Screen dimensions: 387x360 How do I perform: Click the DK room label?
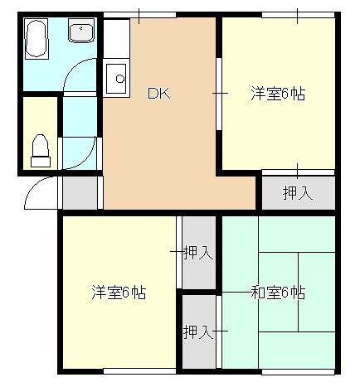click(x=158, y=94)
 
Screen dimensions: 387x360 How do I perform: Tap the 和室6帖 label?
click(x=278, y=292)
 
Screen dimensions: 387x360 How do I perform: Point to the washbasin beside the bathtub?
click(x=81, y=34)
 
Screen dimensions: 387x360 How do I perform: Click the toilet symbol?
click(x=40, y=149)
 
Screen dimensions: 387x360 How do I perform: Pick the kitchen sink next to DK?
click(x=117, y=80)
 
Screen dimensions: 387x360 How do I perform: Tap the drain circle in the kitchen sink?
click(x=119, y=80)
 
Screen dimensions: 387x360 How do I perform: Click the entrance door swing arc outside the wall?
click(x=38, y=196)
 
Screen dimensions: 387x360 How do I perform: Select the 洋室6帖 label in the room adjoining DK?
click(x=278, y=94)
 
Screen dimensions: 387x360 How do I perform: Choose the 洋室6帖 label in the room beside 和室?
click(x=119, y=292)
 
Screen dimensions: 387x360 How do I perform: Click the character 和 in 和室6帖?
click(x=258, y=292)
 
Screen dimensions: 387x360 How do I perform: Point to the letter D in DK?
click(x=153, y=94)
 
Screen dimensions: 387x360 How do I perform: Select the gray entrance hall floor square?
click(x=80, y=192)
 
